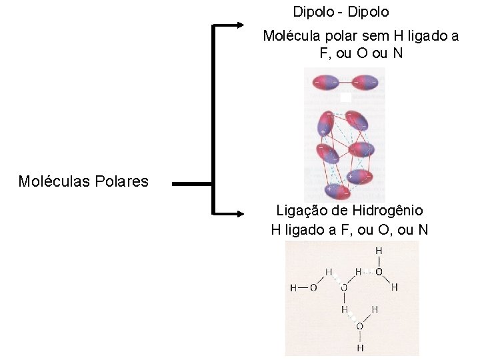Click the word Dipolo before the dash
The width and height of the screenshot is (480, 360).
click(x=313, y=12)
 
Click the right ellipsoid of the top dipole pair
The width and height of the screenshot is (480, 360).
click(x=363, y=83)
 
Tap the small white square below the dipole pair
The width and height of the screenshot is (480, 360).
click(x=345, y=97)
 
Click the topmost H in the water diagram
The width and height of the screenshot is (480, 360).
click(x=379, y=251)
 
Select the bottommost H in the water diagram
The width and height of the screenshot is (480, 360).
click(x=360, y=347)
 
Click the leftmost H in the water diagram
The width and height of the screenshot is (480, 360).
click(x=293, y=288)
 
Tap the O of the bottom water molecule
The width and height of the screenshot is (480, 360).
click(x=360, y=326)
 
